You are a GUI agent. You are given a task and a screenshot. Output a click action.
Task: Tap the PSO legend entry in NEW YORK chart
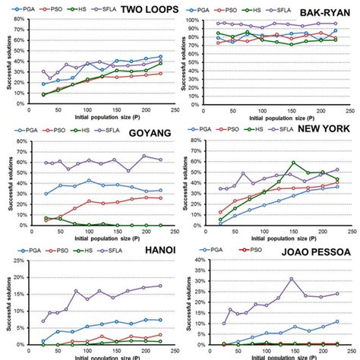240,128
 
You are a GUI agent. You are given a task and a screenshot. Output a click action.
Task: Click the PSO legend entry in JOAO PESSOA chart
254,249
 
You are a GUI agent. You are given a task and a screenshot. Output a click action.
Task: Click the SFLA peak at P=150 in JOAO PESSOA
292,279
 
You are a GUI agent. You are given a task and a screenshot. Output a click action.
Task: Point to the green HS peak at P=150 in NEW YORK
293,163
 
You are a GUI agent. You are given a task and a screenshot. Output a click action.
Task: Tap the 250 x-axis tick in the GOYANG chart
175,231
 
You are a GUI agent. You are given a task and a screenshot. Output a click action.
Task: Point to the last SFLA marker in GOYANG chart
160,159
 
